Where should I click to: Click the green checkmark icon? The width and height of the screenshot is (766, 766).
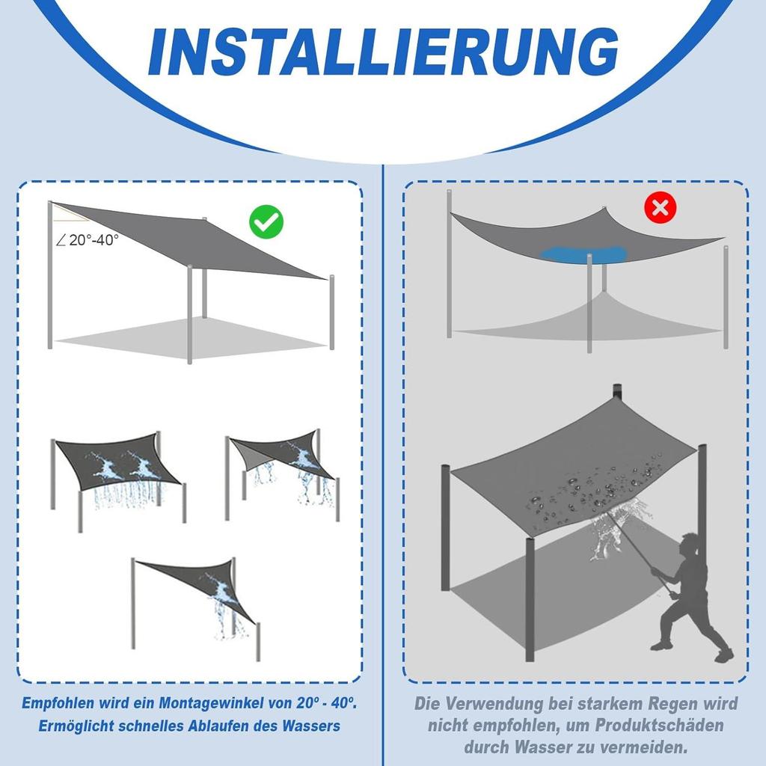click(x=266, y=221)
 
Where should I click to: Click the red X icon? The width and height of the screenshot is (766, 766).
click(x=660, y=207)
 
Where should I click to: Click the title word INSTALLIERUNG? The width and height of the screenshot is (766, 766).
click(x=383, y=52)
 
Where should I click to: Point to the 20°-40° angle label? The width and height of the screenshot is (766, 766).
click(x=88, y=240)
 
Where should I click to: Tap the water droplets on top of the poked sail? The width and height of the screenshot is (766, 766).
click(x=591, y=486)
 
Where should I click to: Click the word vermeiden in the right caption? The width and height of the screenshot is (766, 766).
click(x=646, y=747)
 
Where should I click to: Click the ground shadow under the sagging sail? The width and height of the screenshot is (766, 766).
click(x=591, y=322)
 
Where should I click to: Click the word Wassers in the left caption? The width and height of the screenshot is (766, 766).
click(x=310, y=726)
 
